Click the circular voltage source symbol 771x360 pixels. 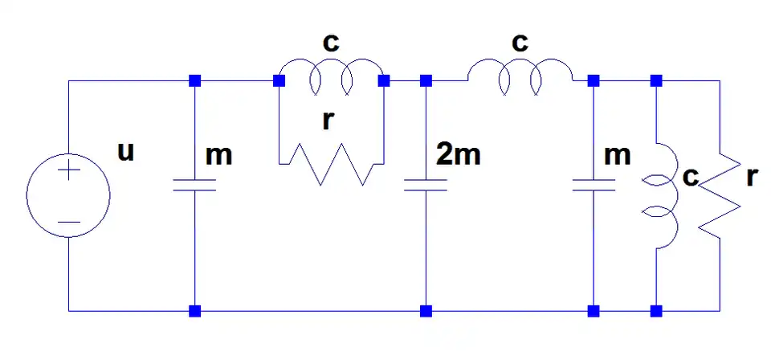click(68, 195)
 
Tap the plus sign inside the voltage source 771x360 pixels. click(68, 170)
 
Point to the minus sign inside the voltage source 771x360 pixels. click(68, 220)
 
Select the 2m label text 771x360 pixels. click(459, 154)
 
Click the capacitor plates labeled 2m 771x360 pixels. click(426, 186)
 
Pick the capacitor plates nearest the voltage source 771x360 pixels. click(194, 186)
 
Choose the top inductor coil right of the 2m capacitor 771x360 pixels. click(520, 74)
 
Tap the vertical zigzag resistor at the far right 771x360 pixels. click(719, 195)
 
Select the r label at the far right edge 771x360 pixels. click(751, 178)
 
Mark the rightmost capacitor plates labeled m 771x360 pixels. click(594, 186)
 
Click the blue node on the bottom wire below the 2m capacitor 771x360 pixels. click(426, 310)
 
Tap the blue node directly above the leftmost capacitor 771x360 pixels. click(194, 81)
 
